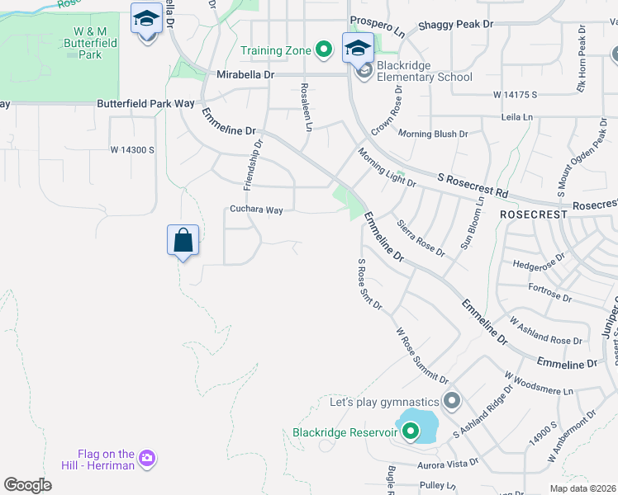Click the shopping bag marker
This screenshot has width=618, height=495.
coord(183,241)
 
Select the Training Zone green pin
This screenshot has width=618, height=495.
coord(324,50)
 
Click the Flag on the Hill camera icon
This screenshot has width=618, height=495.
coord(147,458)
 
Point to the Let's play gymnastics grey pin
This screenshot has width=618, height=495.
coord(451,402)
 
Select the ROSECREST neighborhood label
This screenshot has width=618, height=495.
coord(534,214)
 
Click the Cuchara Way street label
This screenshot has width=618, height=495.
coord(256,210)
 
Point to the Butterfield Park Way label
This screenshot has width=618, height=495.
coord(145,104)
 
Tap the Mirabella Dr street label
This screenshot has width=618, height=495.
coord(234,74)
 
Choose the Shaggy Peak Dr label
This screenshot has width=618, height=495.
coord(455,25)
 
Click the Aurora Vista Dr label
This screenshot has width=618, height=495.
coord(449,463)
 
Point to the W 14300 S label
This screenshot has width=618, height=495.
coord(133,149)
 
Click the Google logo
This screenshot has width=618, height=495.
coord(27,484)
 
